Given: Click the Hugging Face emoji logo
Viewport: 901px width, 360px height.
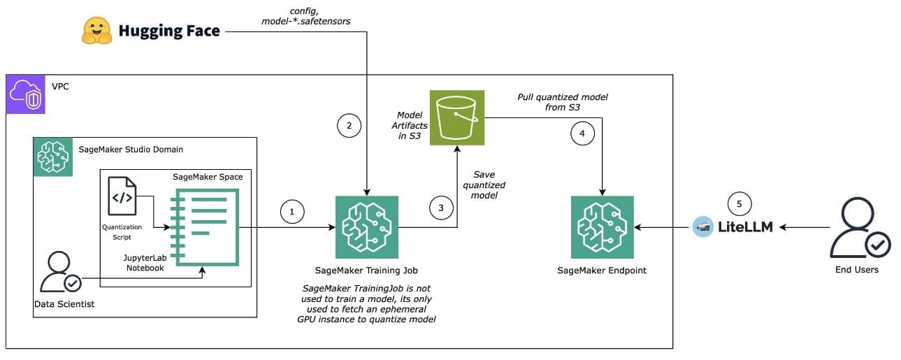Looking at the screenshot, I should tap(97, 30).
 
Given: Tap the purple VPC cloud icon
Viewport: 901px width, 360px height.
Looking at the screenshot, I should tap(24, 94).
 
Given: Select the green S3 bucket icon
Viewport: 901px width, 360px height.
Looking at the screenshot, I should tap(457, 117).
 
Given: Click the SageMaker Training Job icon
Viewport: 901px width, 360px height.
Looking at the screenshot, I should tap(366, 227).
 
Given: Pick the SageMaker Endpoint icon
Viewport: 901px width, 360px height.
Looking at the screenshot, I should tap(602, 227).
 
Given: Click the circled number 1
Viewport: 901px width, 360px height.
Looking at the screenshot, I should tap(292, 212).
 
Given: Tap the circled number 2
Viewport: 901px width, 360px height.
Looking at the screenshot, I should tap(349, 127).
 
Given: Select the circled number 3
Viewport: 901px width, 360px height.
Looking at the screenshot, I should tap(440, 208).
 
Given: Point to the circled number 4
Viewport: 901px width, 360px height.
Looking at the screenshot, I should tap(582, 133).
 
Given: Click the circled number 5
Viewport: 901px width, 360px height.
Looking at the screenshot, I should tap(740, 203).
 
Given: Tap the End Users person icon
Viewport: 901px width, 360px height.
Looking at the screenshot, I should tap(856, 226).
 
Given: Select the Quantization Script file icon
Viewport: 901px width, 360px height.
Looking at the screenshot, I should tap(122, 196).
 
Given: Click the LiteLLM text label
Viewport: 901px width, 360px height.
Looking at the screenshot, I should tap(745, 227).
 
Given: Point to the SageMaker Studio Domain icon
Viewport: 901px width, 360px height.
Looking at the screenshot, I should tap(52, 157).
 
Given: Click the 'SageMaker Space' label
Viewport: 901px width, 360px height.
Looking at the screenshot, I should tap(208, 177).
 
